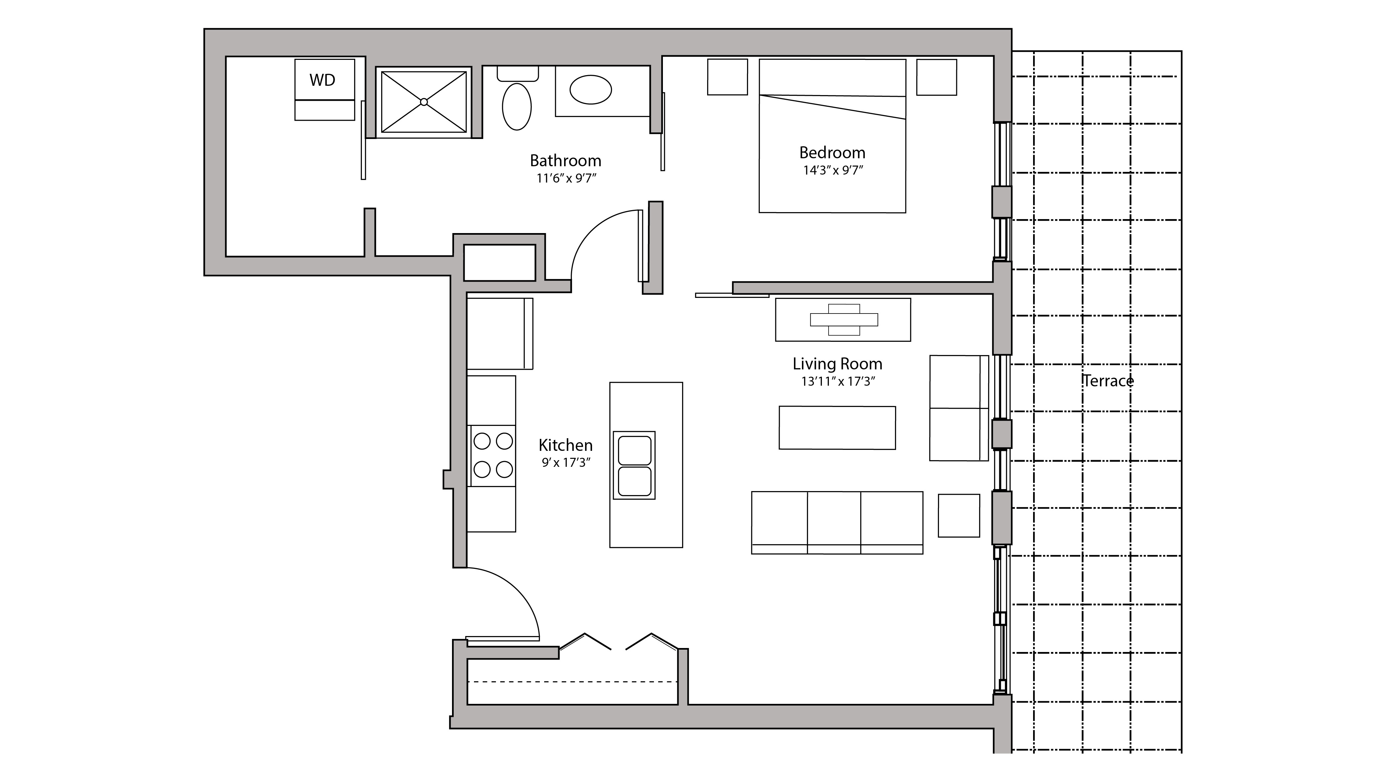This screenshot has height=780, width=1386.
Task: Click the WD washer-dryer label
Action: tap(322, 80)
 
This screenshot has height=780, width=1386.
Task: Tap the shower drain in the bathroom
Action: tap(424, 102)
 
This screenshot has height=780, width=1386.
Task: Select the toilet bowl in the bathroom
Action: tap(517, 106)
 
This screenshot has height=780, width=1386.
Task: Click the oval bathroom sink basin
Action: tap(590, 89)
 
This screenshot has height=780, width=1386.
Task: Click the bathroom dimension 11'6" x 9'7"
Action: tap(566, 178)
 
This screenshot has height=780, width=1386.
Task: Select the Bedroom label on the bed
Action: tap(832, 153)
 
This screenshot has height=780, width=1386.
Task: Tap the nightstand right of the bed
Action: tap(936, 77)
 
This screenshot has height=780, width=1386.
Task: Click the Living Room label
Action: tap(837, 364)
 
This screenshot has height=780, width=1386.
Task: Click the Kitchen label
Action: tap(565, 446)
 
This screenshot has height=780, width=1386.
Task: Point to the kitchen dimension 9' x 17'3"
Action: tap(566, 462)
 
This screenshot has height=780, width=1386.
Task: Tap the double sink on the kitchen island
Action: tap(634, 465)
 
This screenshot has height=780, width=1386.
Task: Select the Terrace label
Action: tap(1108, 381)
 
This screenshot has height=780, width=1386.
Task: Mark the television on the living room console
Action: tap(844, 320)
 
